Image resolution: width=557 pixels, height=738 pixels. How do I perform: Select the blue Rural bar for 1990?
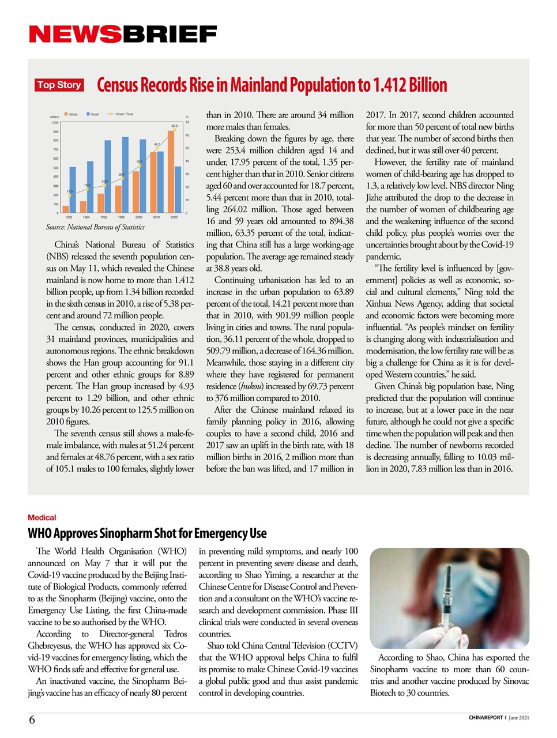coord(125,176)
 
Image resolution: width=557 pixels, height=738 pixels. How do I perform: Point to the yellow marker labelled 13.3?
coord(70,195)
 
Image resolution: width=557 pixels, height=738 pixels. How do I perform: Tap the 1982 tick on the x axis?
coord(104,217)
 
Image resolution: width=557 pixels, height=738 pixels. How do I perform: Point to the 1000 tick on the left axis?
coord(55,122)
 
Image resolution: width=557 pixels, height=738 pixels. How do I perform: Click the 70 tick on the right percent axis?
coord(187,122)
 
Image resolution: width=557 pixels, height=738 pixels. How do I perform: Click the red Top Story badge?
coord(59,85)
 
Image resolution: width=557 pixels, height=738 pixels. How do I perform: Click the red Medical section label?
coord(42,518)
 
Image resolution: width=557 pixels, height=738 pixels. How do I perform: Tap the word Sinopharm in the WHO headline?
coord(144,533)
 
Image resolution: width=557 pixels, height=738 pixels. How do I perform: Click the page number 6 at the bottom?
coord(32,720)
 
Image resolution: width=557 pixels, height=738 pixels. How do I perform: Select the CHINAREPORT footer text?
coord(486,718)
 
